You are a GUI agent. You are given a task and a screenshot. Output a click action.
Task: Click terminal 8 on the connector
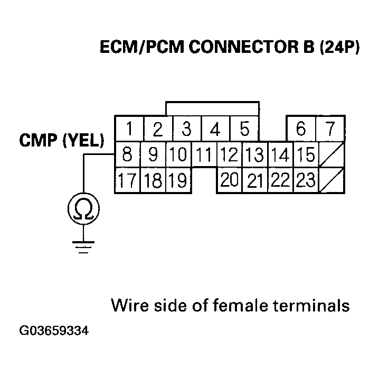pos(127,154)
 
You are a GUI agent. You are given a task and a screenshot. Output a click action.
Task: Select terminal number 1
pos(128,129)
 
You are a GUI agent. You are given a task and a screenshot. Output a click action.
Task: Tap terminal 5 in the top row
pos(244,129)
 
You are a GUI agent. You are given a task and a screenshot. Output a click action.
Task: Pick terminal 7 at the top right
pos(330,129)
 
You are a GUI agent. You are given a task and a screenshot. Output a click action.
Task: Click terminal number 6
pos(301,129)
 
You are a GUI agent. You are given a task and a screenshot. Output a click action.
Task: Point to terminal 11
pos(204,154)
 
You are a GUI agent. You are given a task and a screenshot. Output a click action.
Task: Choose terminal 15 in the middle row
pos(306,154)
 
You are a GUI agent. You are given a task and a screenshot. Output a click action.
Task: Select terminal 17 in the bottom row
pos(127,180)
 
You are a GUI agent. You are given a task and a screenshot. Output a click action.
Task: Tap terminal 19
pos(178,180)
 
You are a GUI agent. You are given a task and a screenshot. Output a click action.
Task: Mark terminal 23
pos(306,180)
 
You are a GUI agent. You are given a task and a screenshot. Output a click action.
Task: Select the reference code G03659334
pos(54,332)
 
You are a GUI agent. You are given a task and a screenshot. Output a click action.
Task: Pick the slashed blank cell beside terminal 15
pos(331,154)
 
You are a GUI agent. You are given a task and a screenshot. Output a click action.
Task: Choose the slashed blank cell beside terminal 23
pos(331,180)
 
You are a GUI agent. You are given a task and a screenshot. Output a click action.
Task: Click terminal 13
pos(255,154)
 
